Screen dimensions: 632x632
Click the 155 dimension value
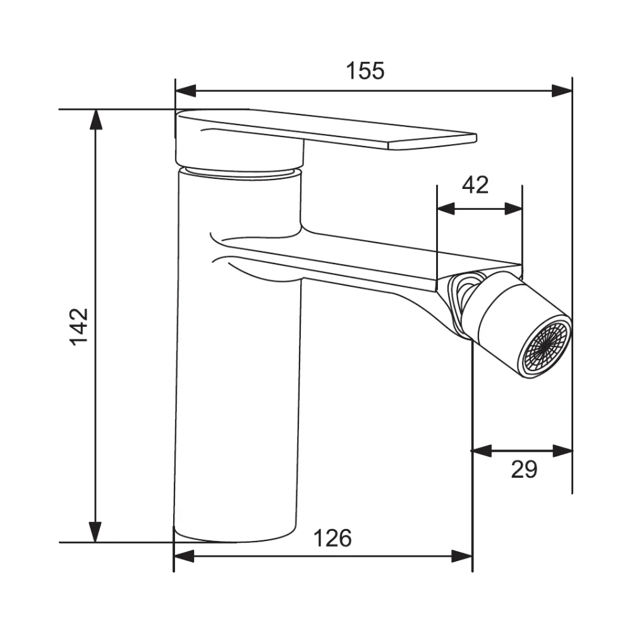pos(365,71)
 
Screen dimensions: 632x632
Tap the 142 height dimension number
pos(79,327)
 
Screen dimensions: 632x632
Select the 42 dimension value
pos(475,185)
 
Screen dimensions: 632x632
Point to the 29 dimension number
pos(524,469)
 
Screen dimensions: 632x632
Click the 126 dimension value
pos(332,538)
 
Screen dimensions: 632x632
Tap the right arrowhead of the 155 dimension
pos(562,90)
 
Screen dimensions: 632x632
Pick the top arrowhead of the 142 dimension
pos(95,119)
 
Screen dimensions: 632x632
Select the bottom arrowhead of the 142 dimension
pos(95,532)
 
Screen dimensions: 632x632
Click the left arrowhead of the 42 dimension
pos(446,209)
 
